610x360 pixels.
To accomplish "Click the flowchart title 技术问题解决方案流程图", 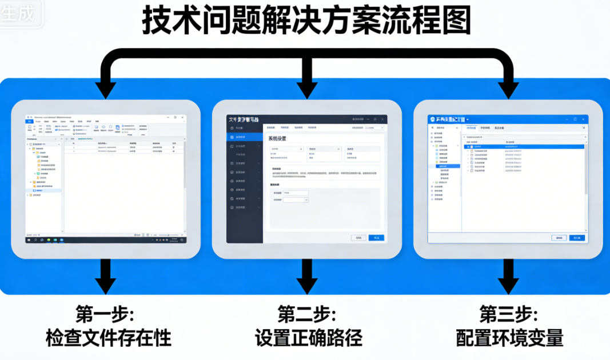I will pos(306,23).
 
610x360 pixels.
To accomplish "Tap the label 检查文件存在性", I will pos(109,338).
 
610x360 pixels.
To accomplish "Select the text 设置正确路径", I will pos(309,338).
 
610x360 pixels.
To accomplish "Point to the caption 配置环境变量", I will pos(510,338).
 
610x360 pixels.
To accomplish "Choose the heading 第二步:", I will pos(307,314).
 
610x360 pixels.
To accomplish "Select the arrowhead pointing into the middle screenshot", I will pos(308,89).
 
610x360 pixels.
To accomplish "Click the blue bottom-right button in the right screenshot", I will pos(577,237).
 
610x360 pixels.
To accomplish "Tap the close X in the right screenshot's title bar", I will pos(583,119).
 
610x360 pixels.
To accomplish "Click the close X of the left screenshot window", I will pos(182,117).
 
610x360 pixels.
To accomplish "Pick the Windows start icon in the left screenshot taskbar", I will pos(29,240).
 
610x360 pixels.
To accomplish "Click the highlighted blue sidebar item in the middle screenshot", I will pos(245,137).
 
